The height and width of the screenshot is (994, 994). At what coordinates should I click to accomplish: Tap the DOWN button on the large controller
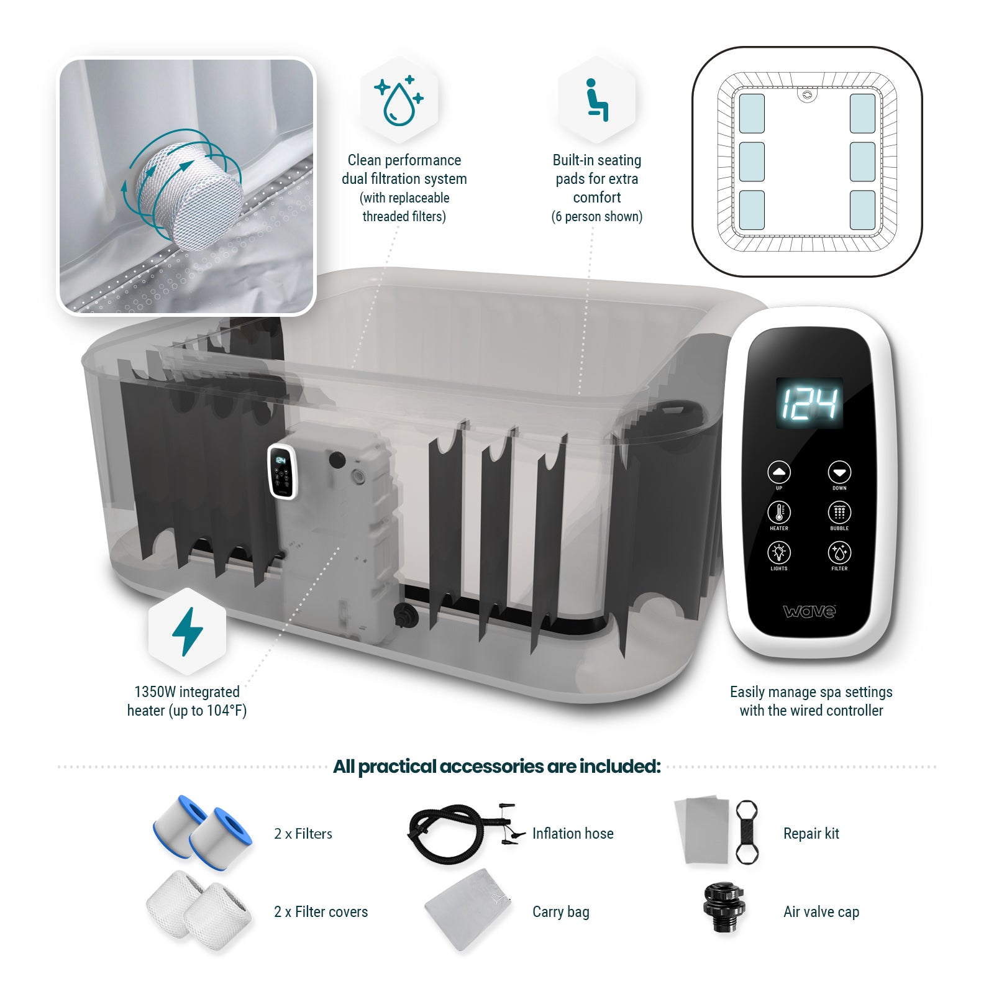click(x=839, y=472)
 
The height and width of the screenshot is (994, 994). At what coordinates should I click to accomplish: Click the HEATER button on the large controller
click(x=779, y=513)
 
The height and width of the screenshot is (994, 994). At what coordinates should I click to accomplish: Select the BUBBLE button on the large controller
click(x=839, y=513)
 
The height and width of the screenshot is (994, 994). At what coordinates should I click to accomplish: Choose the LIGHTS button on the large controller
click(x=779, y=552)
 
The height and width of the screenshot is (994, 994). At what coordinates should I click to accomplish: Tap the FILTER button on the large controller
click(x=839, y=552)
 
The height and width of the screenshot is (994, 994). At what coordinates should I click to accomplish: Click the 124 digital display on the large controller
click(x=809, y=403)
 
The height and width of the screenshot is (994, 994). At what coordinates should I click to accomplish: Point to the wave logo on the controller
click(x=809, y=611)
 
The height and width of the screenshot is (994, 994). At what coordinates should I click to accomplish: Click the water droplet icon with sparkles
click(x=399, y=99)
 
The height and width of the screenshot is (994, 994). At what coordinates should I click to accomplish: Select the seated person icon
click(x=596, y=99)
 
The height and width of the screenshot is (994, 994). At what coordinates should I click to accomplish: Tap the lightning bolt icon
click(x=187, y=631)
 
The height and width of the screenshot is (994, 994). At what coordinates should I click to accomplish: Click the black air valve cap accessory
click(x=723, y=908)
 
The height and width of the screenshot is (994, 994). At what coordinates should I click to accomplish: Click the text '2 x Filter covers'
click(x=321, y=912)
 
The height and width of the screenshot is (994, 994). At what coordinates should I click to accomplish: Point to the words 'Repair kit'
click(x=811, y=834)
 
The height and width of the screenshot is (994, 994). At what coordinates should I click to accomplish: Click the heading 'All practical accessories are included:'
click(x=496, y=767)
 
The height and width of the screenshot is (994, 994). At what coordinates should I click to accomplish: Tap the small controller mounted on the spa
click(x=281, y=471)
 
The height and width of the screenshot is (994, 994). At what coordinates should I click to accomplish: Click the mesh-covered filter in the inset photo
click(x=189, y=196)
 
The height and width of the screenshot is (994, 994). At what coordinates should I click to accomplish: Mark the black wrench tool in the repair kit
click(x=746, y=832)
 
